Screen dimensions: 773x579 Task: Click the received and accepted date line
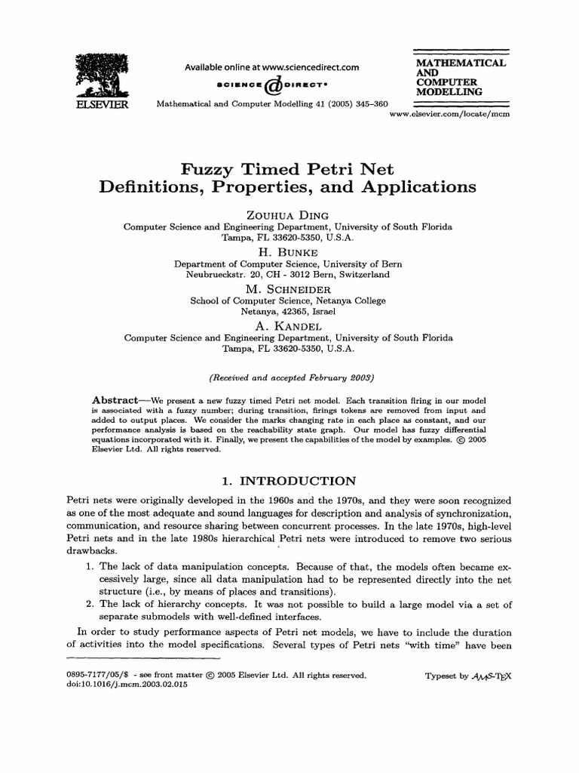pyautogui.click(x=290, y=377)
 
